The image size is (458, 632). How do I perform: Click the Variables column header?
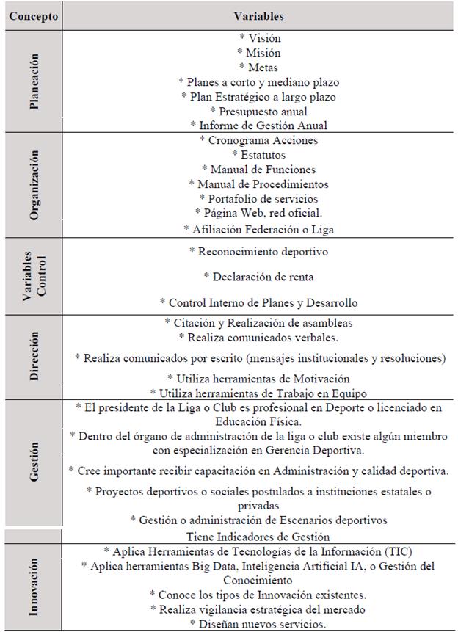[x=258, y=15]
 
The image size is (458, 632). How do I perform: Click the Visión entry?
[x=259, y=38]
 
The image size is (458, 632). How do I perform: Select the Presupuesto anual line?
[x=258, y=112]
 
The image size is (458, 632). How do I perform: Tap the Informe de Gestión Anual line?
[x=258, y=126]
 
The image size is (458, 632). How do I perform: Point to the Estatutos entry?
[x=258, y=154]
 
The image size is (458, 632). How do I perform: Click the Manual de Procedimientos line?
[x=258, y=184]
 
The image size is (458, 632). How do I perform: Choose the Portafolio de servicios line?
[x=258, y=198]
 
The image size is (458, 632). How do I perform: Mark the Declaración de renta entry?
[x=258, y=277]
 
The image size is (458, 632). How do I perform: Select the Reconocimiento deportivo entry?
[x=258, y=251]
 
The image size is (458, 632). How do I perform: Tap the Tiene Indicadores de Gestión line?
[x=258, y=537]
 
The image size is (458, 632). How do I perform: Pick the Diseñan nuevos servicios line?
[x=258, y=624]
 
